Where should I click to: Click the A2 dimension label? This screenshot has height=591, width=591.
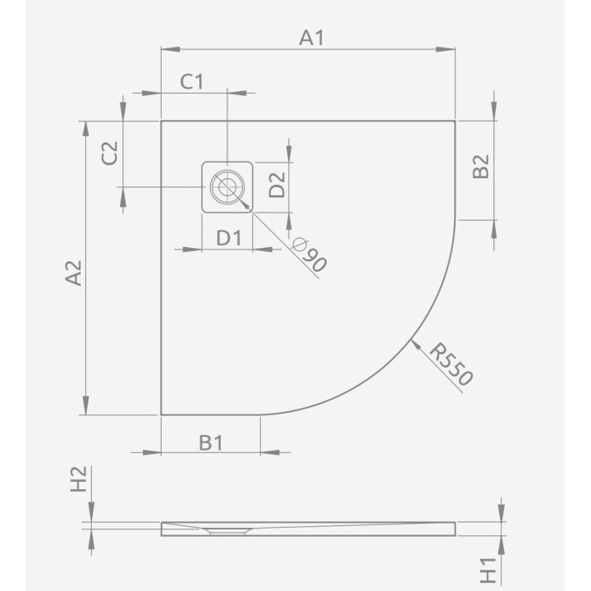click(x=74, y=273)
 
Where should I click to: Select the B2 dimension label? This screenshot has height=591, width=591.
click(x=481, y=167)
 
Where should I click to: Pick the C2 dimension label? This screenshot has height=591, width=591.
click(x=110, y=153)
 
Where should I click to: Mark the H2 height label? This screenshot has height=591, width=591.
click(x=79, y=479)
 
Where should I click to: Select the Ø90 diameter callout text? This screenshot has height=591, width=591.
click(x=309, y=255)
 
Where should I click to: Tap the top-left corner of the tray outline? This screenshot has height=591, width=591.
click(x=161, y=121)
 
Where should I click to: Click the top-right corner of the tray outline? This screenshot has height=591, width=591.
click(x=455, y=121)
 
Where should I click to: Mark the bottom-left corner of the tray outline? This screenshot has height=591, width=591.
click(x=161, y=415)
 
